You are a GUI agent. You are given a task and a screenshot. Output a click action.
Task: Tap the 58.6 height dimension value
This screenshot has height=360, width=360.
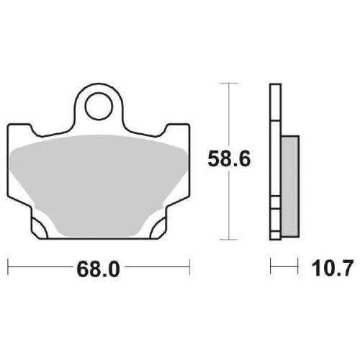(229, 160)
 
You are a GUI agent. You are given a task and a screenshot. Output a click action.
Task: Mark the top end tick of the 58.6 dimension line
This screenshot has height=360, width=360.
(228, 84)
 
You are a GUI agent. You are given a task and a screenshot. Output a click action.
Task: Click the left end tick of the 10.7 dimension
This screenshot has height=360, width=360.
(271, 269)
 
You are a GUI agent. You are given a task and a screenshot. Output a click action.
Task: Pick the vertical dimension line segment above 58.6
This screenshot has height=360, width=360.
(228, 115)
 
